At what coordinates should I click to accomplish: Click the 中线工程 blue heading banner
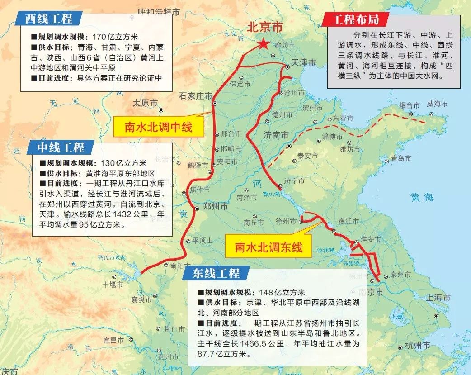[61, 147]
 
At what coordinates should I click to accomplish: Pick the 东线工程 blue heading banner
[216, 273]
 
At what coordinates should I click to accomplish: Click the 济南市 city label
[276, 135]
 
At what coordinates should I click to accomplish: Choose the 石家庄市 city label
[195, 96]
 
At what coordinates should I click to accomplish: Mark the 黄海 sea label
[422, 197]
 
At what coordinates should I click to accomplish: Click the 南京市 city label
[370, 293]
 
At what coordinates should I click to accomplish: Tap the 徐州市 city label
[287, 222]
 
